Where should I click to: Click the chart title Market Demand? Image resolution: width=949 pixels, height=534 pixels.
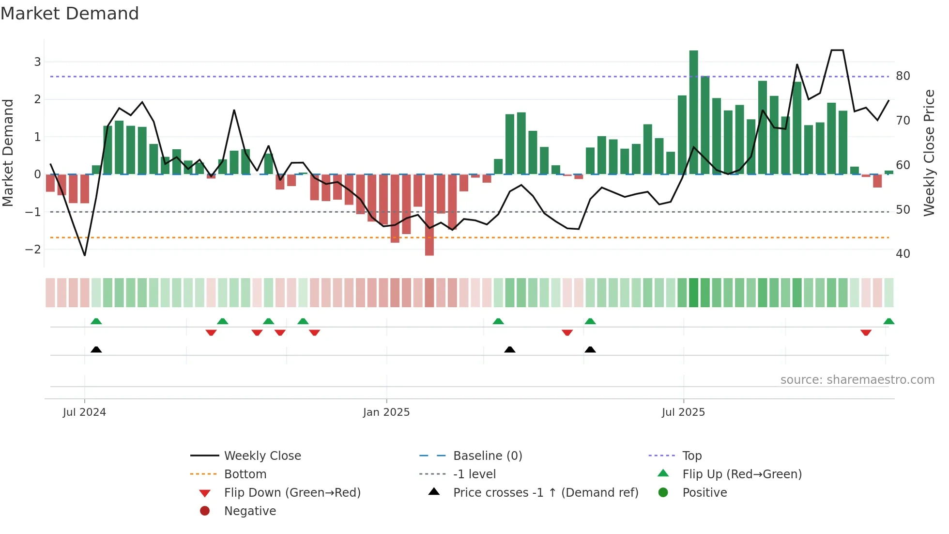coord(70,14)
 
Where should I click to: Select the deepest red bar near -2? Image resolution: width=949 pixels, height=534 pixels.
coord(429,216)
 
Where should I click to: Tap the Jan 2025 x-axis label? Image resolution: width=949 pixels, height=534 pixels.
coord(386,412)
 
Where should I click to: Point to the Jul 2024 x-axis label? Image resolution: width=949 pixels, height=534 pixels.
coord(84,412)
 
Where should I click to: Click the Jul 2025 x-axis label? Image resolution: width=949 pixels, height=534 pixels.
coord(683,412)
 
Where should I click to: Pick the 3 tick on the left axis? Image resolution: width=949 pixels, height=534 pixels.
coord(37,62)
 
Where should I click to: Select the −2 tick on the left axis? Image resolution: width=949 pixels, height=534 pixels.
coord(33,250)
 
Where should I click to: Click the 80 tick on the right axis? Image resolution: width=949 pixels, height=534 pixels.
coord(903,76)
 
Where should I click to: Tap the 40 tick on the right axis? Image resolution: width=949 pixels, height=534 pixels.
coord(903,254)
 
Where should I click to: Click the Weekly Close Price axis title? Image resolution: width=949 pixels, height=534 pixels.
coord(929,153)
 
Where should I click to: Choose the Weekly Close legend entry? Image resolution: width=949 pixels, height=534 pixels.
coord(262,456)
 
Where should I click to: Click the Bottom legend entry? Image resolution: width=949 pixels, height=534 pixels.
coord(245,474)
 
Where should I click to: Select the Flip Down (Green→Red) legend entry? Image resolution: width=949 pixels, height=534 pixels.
coord(292,493)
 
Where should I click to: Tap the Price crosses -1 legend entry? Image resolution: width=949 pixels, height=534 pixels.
coord(545,493)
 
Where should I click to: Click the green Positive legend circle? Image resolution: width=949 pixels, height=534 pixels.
coord(663,493)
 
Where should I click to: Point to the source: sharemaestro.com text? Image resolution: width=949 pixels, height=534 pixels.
coord(857,380)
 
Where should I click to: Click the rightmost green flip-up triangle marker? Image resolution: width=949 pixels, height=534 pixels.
coord(888,321)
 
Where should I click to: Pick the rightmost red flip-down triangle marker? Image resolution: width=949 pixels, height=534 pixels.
coord(866,332)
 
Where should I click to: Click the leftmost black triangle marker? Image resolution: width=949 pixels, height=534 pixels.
coord(96,349)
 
